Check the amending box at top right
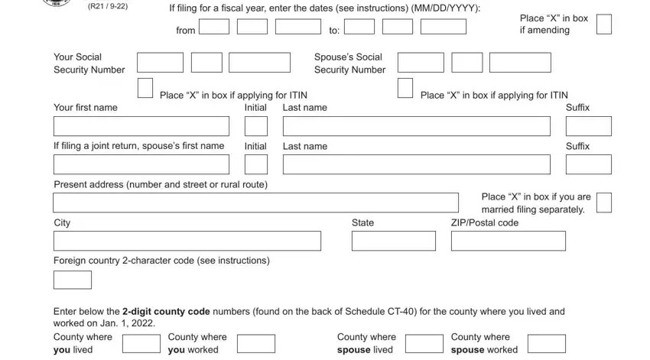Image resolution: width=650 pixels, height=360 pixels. point(604,24)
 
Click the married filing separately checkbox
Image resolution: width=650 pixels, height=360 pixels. point(604,203)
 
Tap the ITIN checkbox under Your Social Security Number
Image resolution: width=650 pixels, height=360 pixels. point(145,88)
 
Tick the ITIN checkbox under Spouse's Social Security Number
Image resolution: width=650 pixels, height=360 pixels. point(405,88)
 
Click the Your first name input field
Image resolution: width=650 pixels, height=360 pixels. point(141,126)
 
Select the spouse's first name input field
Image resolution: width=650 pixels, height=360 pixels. point(141,164)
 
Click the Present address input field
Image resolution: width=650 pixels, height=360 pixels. point(256,203)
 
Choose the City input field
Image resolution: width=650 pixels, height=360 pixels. point(187,241)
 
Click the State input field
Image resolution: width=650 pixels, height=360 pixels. point(394,241)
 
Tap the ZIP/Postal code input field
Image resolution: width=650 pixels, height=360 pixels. point(509,241)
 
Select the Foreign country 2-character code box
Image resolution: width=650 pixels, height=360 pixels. point(73,280)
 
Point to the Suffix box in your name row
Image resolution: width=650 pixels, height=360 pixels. point(589,126)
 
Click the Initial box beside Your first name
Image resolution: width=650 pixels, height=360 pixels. point(256,126)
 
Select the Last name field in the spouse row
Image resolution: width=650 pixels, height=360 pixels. point(417,164)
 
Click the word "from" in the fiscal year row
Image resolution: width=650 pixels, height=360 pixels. point(186,31)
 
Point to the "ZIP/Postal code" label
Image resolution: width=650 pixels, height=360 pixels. point(485,222)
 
